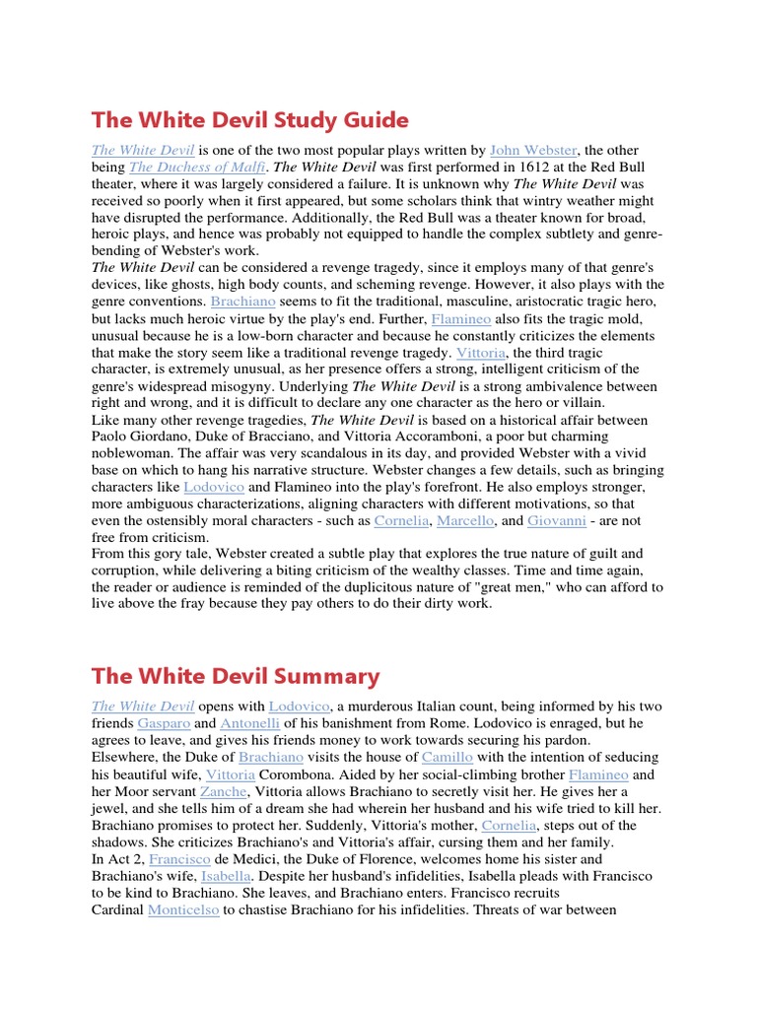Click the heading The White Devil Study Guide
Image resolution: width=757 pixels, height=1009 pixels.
coord(249,120)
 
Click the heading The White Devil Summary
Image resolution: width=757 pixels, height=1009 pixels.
coord(236,676)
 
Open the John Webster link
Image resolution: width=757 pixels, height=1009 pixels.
coord(533,151)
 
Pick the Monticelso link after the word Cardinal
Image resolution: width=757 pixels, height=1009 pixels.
coord(183,909)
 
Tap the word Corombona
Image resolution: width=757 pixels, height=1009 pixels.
coord(294,774)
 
